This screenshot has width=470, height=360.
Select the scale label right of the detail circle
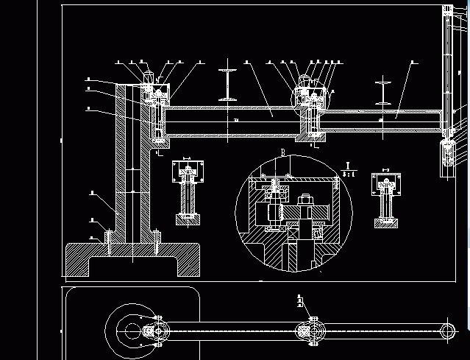tap(349, 170)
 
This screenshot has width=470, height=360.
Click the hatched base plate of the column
tap(133, 259)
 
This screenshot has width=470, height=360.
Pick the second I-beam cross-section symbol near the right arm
tap(384, 91)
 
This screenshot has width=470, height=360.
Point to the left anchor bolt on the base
tap(108, 242)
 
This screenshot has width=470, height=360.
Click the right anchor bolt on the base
tap(157, 242)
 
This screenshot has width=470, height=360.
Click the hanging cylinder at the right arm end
tap(447, 155)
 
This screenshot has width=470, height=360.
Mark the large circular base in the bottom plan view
tap(132, 331)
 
